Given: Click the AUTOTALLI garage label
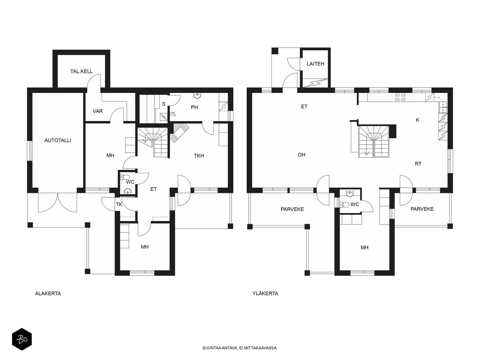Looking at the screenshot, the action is tap(58, 140).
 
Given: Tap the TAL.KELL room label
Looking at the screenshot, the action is tap(81, 71).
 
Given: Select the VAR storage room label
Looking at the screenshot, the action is tap(98, 111).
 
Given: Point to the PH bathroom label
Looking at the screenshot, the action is tap(194, 107).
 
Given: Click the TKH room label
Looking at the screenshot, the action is tap(199, 156).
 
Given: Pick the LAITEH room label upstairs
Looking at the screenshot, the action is tap(315, 64).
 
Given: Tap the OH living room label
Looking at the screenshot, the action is tap(301, 155).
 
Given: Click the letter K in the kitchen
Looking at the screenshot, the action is tap(418, 120).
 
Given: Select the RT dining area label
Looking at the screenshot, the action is tap(418, 164).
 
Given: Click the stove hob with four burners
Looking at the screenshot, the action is tap(400, 97).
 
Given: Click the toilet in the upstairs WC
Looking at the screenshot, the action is tap(345, 205).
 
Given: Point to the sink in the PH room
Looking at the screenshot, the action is tap(197, 95).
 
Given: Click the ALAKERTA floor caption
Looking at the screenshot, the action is tap(48, 294).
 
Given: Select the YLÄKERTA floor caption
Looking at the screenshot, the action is tap(265, 294).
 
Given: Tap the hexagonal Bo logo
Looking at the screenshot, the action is tap(22, 339).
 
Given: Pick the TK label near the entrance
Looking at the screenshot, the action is tap(119, 205).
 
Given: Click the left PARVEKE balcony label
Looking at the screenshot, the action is tap(292, 209).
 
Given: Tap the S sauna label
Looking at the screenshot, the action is tap(163, 104).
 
